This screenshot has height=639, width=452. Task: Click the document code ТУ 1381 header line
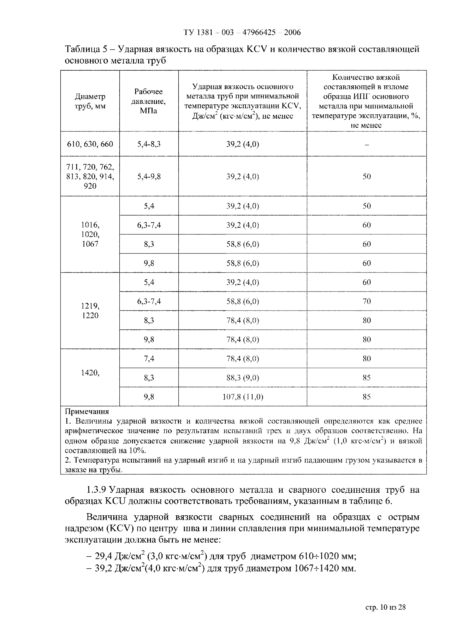click(242, 33)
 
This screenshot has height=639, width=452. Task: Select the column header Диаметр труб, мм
click(90, 101)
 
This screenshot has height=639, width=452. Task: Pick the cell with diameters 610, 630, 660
click(90, 144)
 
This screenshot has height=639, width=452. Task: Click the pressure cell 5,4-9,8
click(149, 177)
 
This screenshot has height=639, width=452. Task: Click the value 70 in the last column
click(367, 301)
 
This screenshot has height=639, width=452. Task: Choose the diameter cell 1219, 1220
click(90, 311)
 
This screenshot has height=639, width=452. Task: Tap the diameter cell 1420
click(90, 373)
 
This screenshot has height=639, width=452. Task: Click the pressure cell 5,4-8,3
click(149, 144)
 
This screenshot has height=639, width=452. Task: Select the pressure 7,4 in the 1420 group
click(149, 358)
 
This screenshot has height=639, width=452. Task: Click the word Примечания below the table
click(87, 411)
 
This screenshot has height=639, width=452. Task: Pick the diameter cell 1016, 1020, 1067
click(90, 234)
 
